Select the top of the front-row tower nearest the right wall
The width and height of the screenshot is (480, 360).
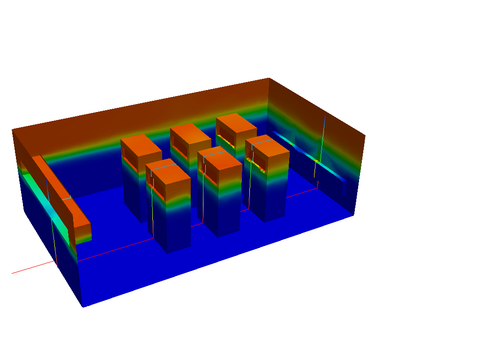coord(267,146)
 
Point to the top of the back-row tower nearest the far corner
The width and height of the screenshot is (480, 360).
coord(236,123)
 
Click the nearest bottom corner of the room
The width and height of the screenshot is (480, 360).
coord(83,307)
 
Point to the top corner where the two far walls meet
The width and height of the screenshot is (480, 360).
coord(269,78)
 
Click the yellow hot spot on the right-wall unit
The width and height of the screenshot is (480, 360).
coord(317,161)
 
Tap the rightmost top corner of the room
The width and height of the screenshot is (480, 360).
coord(365,135)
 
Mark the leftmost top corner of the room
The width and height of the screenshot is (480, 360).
coord(12,130)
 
